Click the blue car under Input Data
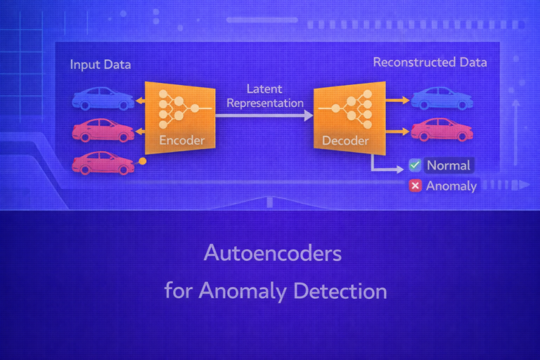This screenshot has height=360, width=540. coord(103,99)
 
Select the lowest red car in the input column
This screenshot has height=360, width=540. coord(103,162)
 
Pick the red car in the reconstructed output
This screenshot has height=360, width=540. coord(442,129)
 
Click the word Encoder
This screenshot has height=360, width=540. coord(182,141)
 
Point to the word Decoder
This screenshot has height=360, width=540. coord(345,141)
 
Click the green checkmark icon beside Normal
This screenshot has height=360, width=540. coord(416,165)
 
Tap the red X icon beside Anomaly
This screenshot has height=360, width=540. coord(416,186)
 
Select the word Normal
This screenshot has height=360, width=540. coord(449,166)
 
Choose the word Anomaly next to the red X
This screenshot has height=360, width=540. coord(451,186)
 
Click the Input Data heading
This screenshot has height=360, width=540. coord(101,65)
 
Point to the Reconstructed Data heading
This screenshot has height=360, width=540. coord(430,63)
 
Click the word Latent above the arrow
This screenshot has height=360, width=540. coord(264,89)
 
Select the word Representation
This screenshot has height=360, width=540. coord(264,103)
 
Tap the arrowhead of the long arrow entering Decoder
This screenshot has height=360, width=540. coord(308,115)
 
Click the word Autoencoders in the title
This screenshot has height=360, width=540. coord(273,253)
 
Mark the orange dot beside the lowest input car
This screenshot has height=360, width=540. coord(143,161)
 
